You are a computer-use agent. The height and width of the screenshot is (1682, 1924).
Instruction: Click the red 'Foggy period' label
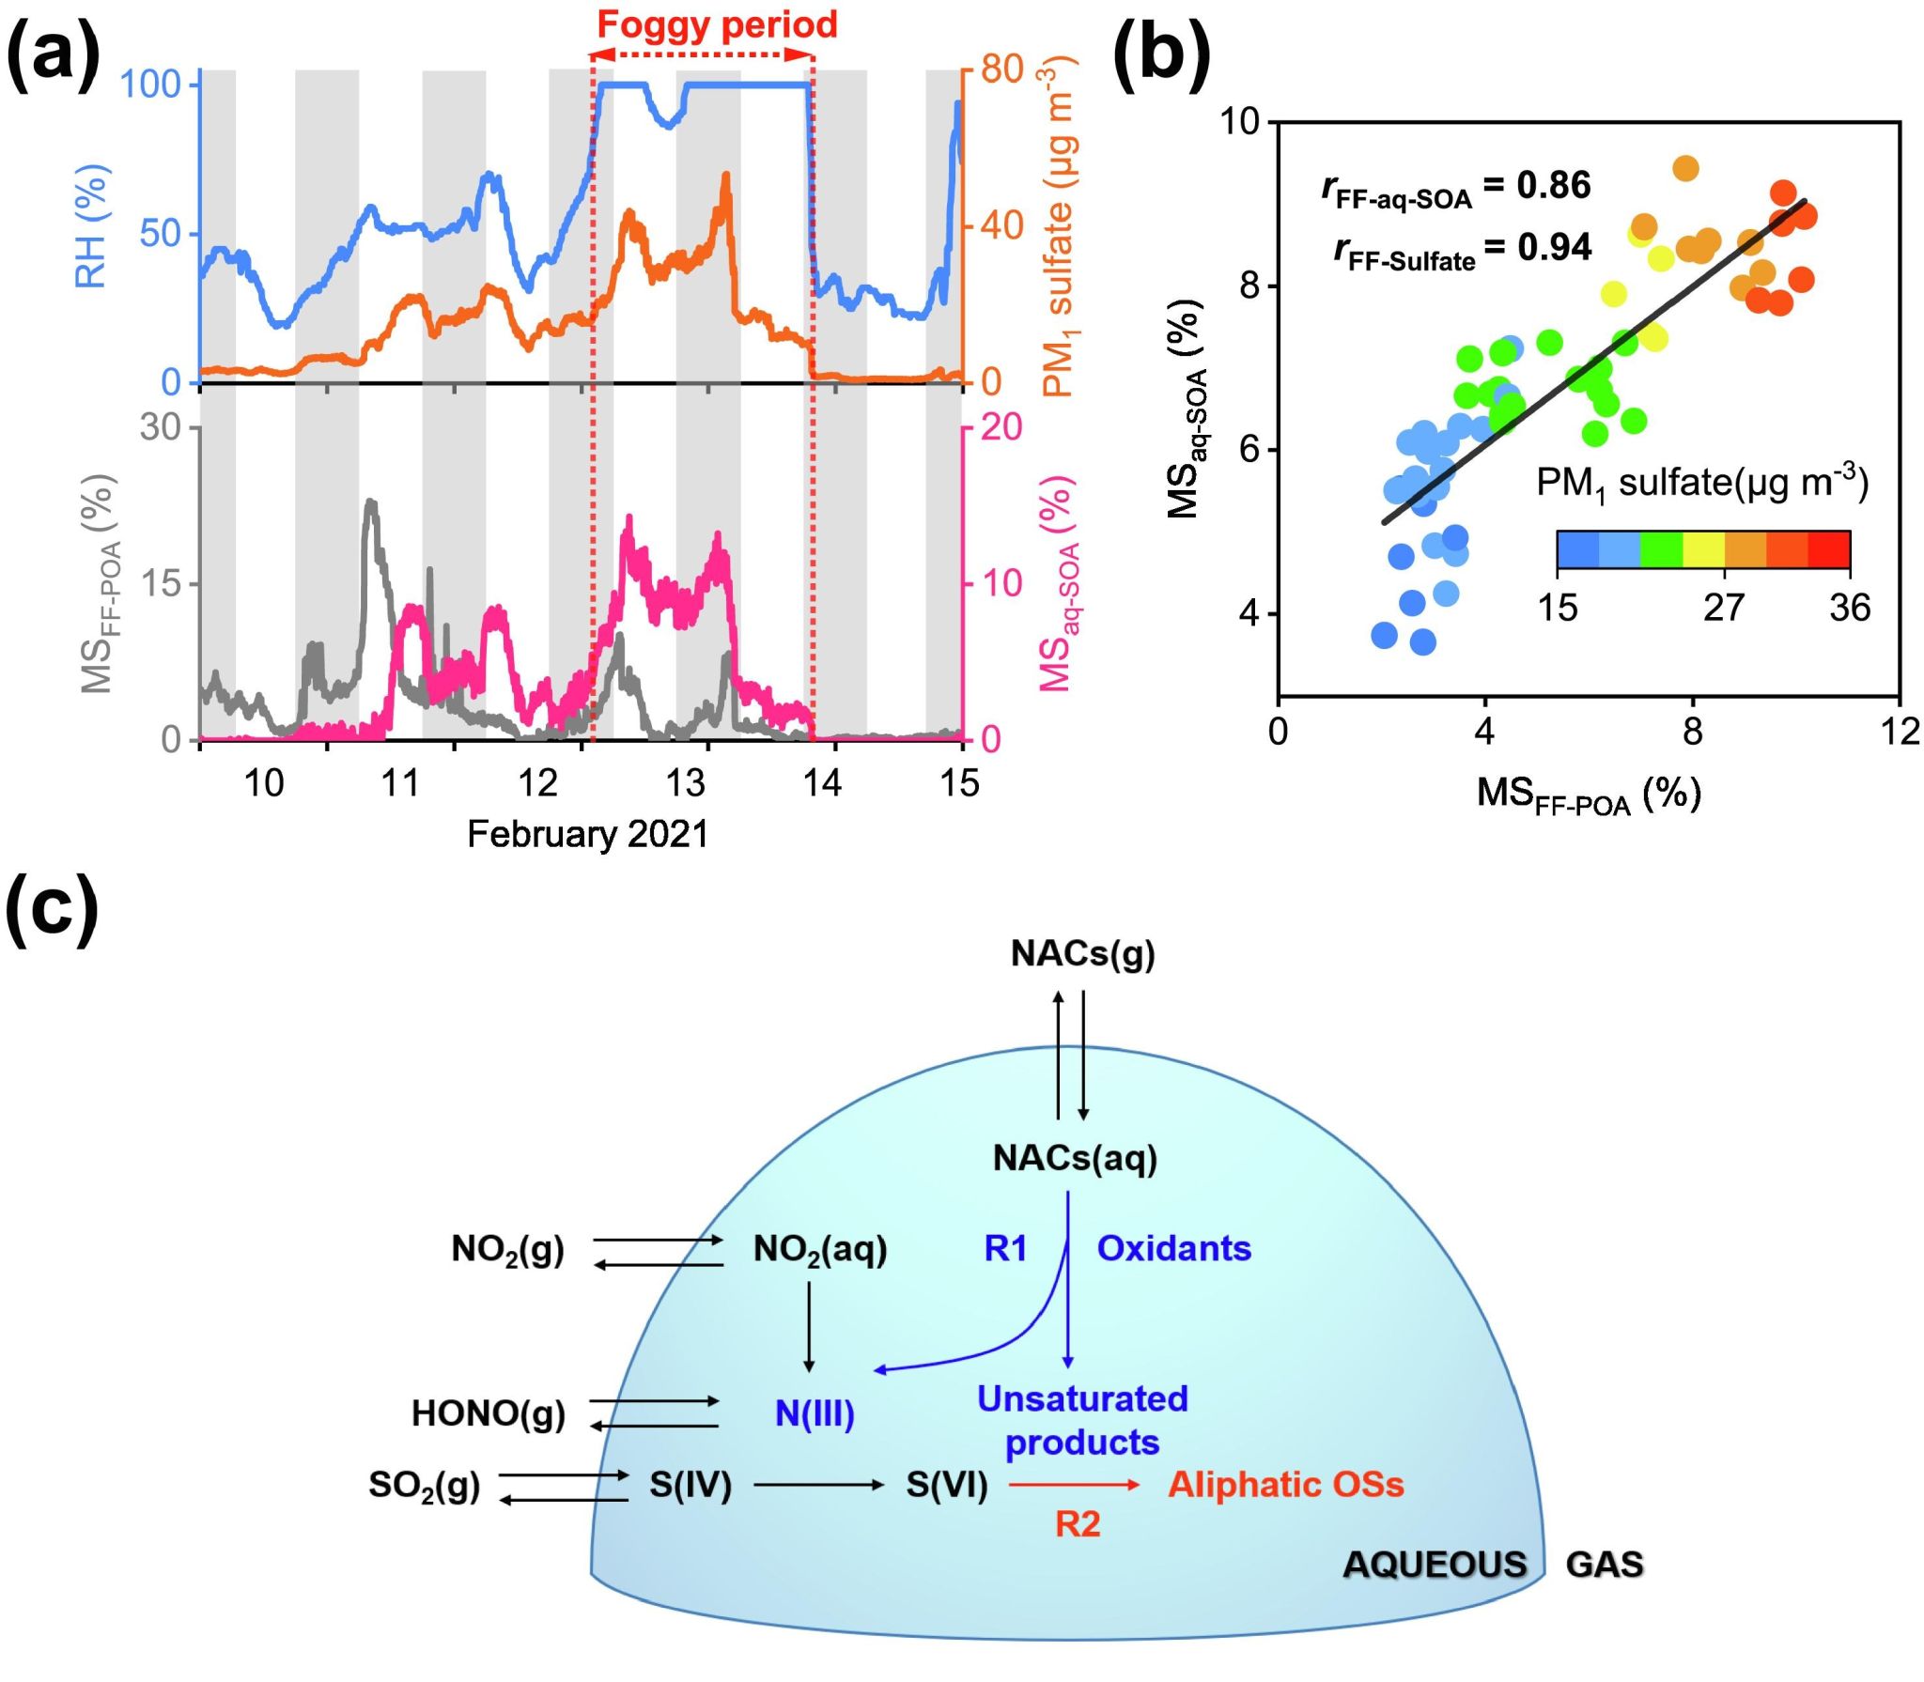coord(717,24)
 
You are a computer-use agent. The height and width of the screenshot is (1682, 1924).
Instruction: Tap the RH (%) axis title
coord(92,225)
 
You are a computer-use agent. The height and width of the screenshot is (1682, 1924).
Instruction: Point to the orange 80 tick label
coord(1001,69)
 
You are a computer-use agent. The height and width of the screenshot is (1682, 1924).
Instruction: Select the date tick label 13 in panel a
coord(685,782)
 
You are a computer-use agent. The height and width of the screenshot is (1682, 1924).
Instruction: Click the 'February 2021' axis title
coord(587,834)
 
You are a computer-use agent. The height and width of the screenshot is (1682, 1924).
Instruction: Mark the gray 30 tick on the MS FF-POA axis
coord(160,427)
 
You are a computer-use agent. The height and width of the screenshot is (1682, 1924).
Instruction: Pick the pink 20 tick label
coord(1001,427)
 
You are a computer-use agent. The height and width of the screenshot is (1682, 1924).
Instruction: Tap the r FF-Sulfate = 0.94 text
coord(1462,249)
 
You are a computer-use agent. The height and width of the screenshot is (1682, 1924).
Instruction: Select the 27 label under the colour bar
coord(1724,608)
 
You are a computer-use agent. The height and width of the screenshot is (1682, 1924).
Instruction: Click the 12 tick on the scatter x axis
coord(1900,732)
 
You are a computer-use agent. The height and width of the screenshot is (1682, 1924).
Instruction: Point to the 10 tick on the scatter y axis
coord(1240,122)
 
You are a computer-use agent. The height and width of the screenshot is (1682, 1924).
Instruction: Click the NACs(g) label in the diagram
coord(1082,953)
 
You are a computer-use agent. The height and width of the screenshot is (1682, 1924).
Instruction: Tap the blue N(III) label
coord(815,1413)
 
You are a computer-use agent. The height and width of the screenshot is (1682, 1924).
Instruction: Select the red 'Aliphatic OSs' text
coord(1285,1485)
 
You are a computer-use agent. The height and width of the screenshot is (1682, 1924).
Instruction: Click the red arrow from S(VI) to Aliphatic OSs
coord(1075,1485)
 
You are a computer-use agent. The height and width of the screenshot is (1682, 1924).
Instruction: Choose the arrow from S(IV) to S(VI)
coord(818,1485)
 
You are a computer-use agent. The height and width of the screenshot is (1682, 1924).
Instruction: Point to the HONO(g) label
coord(489,1413)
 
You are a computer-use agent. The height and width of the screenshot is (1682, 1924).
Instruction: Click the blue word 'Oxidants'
coord(1173,1248)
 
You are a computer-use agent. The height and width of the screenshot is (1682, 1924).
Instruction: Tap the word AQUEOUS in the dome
coord(1435,1565)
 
